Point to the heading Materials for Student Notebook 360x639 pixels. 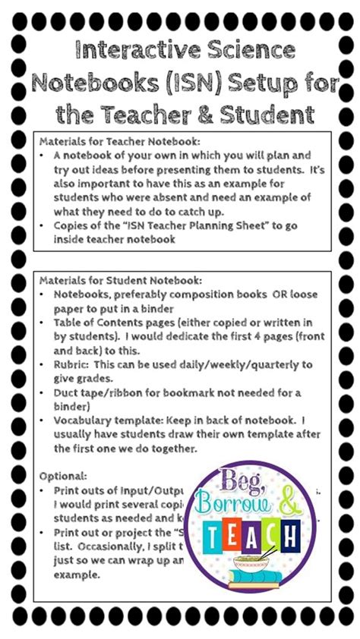[125, 282]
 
